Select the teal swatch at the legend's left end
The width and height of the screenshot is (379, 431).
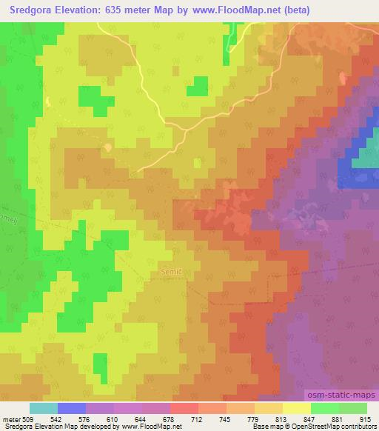44,408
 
